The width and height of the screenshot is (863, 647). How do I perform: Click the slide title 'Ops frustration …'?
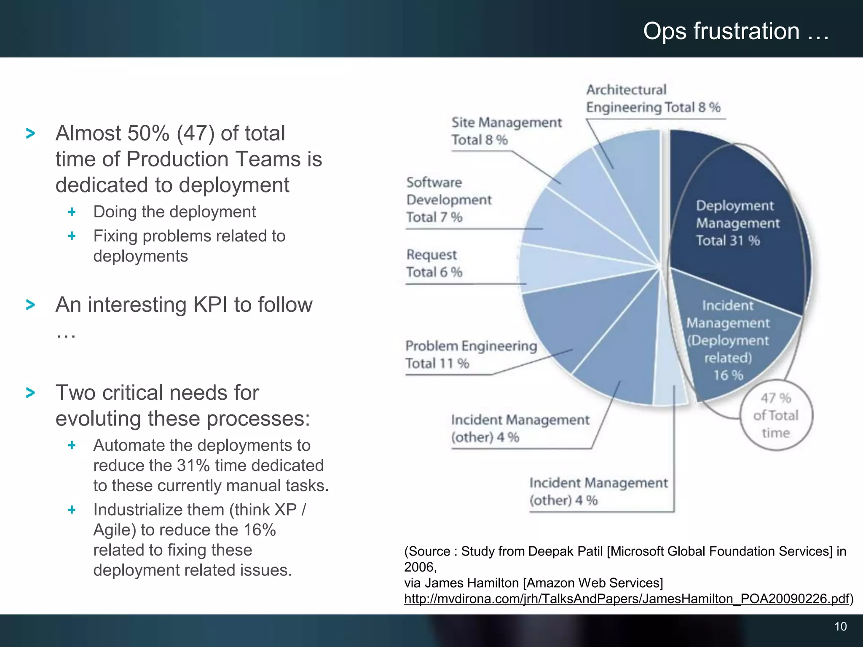736,31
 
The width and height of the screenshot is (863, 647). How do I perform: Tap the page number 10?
840,626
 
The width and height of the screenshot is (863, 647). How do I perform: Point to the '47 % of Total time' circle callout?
776,415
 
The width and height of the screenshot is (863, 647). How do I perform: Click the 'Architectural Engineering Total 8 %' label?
653,99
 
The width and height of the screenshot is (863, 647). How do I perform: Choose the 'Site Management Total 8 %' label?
506,131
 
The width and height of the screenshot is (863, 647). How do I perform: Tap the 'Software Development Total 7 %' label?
449,200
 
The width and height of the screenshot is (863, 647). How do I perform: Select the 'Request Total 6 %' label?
434,263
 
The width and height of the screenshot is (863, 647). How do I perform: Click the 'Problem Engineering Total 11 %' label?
471,354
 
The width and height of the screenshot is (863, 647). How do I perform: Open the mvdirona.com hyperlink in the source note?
626,599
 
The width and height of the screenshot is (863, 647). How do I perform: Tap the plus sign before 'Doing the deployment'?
72,211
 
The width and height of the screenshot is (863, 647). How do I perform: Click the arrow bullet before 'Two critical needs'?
30,393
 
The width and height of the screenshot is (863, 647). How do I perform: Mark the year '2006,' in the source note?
420,567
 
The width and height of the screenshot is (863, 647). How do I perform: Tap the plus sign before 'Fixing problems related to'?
72,236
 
